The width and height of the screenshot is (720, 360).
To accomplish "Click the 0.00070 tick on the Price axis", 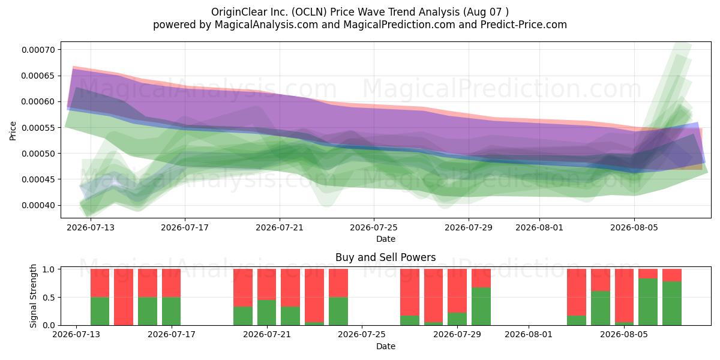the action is point(38,50).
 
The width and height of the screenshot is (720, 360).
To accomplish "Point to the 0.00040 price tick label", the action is point(38,205).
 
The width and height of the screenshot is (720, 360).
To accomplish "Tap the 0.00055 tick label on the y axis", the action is point(38,128).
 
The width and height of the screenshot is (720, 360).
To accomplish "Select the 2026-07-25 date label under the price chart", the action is point(373,227).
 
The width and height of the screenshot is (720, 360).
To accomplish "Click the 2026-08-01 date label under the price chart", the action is point(539,227).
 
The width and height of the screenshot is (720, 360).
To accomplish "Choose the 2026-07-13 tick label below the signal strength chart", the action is point(76,334).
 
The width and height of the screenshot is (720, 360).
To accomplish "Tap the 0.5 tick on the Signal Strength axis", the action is point(49,298).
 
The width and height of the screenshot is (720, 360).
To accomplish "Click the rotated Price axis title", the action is point(13,131).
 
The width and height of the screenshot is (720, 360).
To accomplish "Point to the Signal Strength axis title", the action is point(33,296).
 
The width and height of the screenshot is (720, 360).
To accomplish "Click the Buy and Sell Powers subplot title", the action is point(386,257).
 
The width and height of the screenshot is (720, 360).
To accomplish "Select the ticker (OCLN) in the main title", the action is point(309,12).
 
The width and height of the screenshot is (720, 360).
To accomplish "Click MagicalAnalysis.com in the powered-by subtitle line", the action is point(266,25).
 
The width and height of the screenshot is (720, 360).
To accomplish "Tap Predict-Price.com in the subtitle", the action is point(524,25).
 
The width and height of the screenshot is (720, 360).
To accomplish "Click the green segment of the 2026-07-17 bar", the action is point(172,311).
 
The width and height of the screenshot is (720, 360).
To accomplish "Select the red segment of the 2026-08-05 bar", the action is point(624,296).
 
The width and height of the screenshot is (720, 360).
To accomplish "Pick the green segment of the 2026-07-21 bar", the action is point(267,313).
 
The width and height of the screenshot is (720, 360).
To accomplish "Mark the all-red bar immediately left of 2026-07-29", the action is point(433,296).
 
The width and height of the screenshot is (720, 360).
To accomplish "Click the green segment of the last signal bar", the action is point(672,304).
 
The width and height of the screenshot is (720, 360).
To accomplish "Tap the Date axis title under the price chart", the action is point(386,239).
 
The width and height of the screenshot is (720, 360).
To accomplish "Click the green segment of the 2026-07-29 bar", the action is point(457,319).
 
